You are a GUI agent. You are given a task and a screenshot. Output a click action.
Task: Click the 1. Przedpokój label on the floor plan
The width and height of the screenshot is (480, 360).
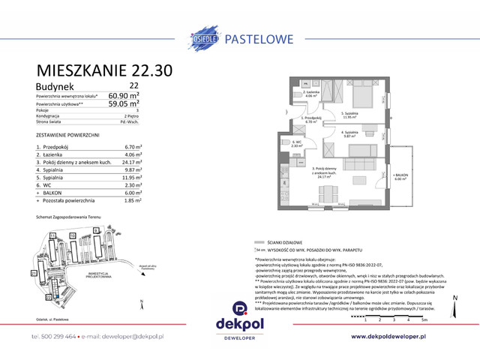[311, 118]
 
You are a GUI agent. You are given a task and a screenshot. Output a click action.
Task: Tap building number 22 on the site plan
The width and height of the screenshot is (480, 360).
[49, 296]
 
